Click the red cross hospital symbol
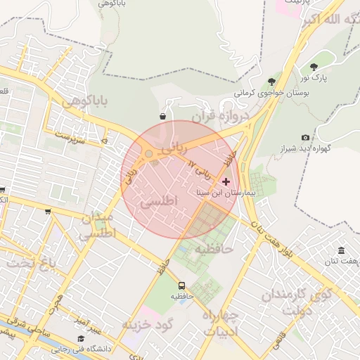click(x=226, y=181)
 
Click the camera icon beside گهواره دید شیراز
click(x=305, y=138)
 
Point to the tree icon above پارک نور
click(x=314, y=67)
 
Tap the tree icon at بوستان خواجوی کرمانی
click(x=271, y=82)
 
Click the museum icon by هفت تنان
click(x=341, y=251)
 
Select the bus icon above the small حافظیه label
click(x=182, y=285)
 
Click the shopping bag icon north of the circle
click(x=163, y=116)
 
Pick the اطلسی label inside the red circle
click(x=160, y=201)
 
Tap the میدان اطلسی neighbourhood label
click(x=97, y=226)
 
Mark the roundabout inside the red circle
click(x=149, y=155)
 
